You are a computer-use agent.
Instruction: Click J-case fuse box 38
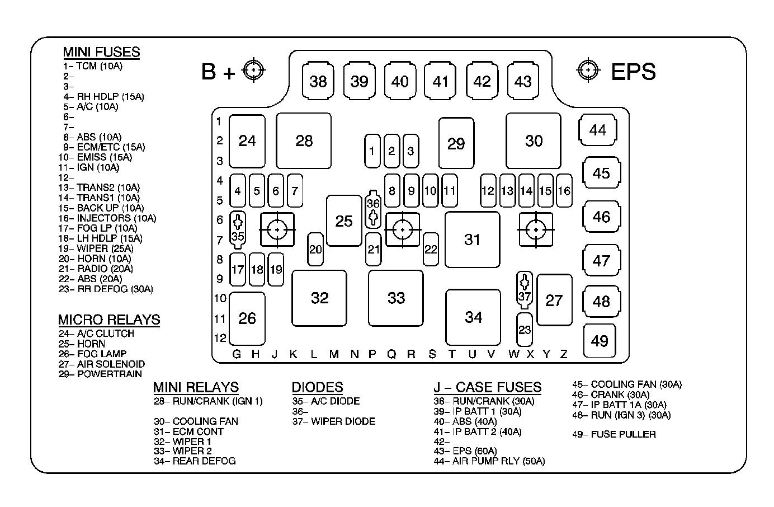318,81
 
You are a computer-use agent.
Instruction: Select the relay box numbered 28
304,140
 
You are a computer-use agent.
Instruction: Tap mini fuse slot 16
564,191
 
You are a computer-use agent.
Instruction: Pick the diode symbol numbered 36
373,209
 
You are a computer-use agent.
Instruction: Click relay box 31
473,240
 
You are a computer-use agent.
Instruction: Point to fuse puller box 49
600,341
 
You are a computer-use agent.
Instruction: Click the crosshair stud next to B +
253,70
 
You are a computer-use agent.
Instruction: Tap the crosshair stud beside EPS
588,70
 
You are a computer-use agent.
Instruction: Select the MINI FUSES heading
101,52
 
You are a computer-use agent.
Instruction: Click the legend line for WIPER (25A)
96,248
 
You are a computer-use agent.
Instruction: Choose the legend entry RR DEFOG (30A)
106,289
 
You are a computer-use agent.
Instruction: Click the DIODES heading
318,387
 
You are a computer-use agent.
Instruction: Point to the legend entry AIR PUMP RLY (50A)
489,461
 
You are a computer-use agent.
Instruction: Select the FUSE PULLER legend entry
614,434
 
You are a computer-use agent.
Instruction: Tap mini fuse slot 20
315,249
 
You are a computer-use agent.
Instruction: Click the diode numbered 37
525,290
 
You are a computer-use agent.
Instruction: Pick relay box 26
247,318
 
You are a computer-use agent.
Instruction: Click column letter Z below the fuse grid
564,354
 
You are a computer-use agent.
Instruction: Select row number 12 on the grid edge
220,338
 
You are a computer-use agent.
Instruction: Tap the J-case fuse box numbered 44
598,130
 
